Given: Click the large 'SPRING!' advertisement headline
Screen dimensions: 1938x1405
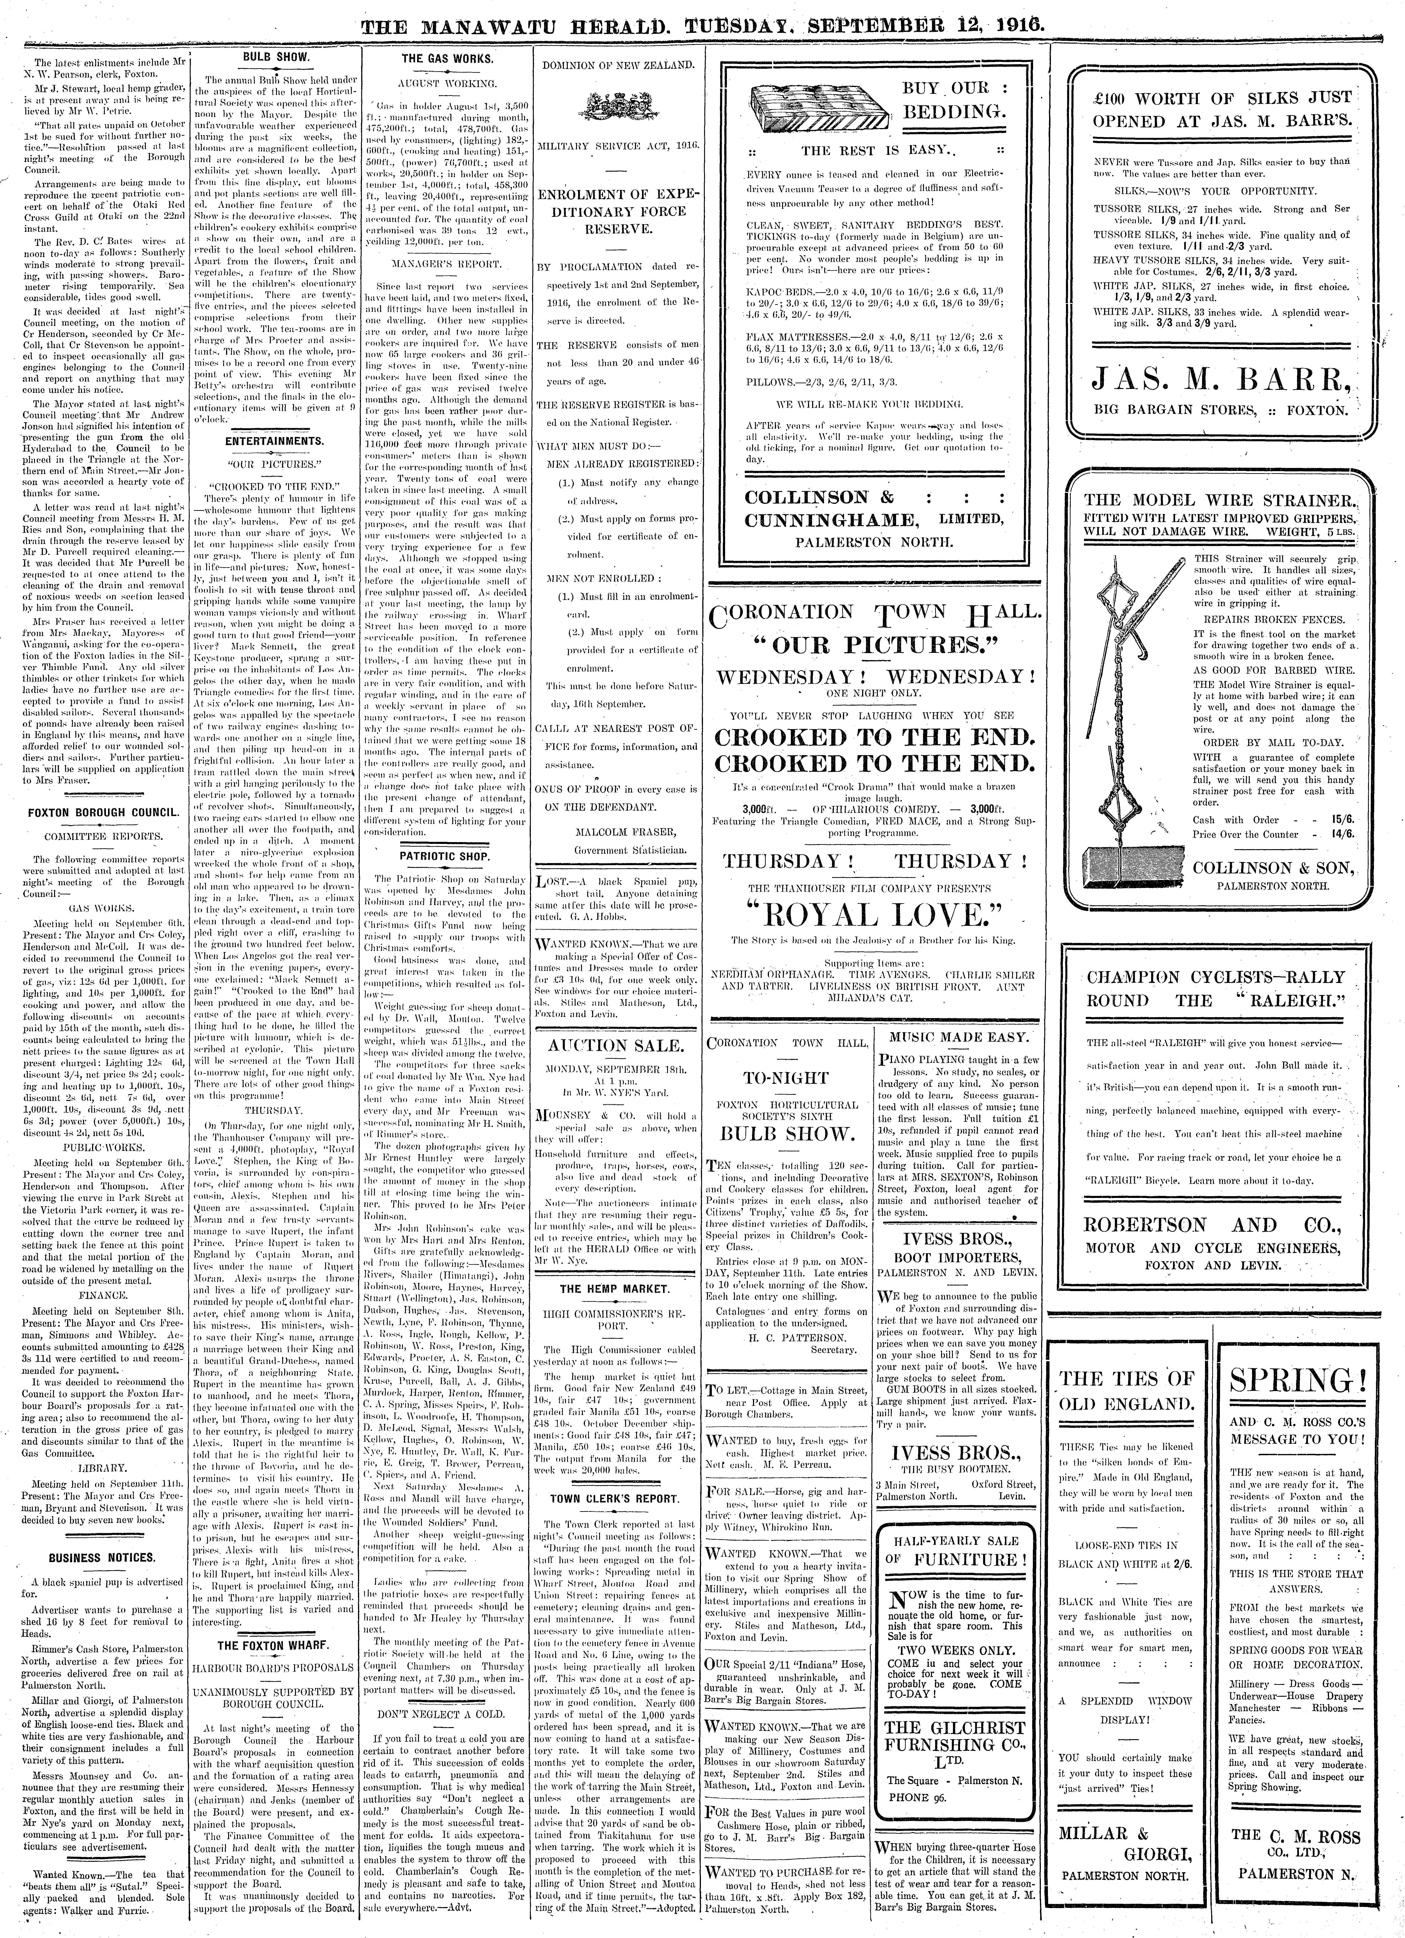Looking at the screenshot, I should pos(1297,1380).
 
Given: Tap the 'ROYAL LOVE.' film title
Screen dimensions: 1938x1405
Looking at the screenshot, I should pos(872,915).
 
